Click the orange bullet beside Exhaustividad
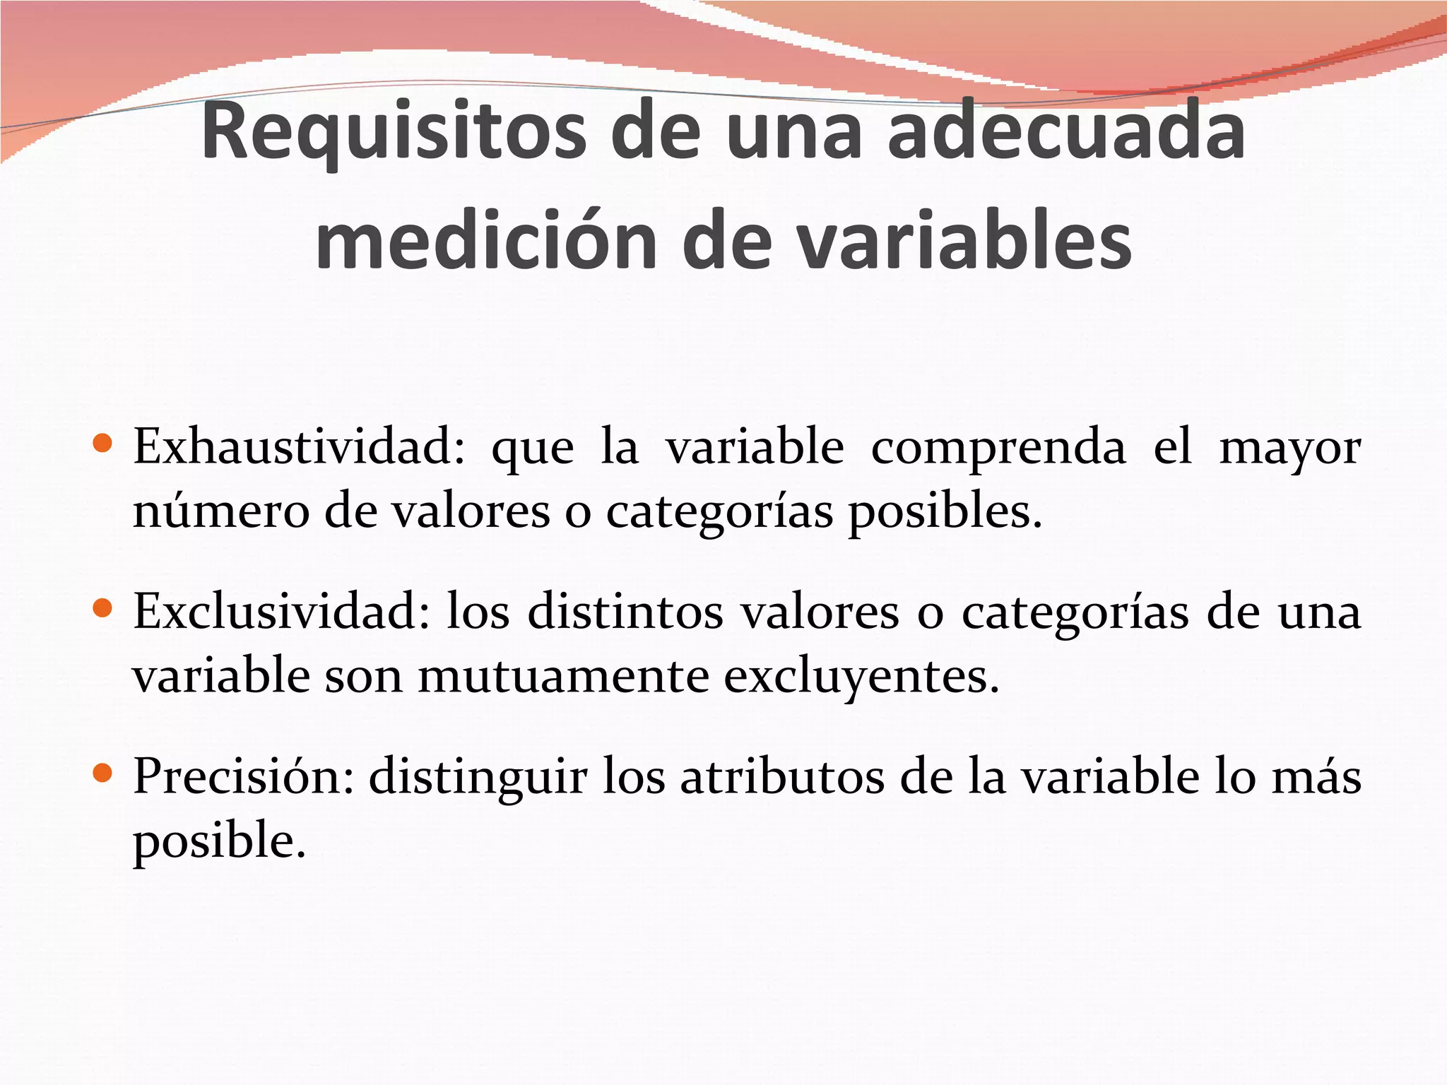coord(103,444)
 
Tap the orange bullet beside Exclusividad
coord(103,608)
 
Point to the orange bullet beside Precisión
coord(103,773)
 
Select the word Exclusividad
coord(282,611)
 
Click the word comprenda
coord(998,448)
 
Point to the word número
coord(221,511)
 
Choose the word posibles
coord(945,512)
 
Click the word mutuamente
coord(563,676)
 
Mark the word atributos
coord(782,776)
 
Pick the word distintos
coord(625,611)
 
